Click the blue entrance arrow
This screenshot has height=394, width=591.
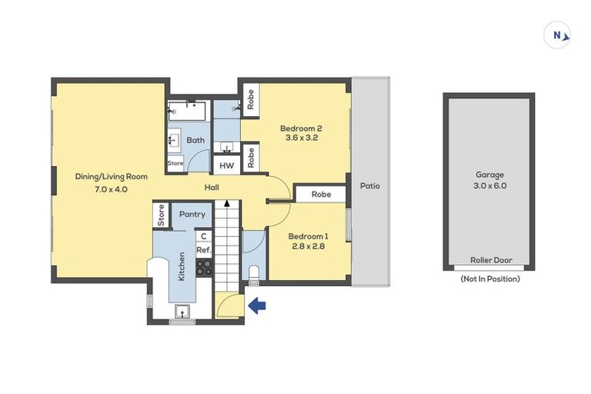[x=257, y=306]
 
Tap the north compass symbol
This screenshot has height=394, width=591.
[x=557, y=35]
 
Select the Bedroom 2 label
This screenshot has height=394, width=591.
[x=301, y=129]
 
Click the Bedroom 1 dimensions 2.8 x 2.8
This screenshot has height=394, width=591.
[x=308, y=246]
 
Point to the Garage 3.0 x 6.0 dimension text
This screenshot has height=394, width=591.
[x=489, y=185]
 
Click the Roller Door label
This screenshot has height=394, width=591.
[x=491, y=260]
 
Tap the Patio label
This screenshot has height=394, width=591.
[x=369, y=186]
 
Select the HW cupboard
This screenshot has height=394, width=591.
[x=226, y=165]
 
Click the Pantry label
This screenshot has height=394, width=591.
[x=192, y=214]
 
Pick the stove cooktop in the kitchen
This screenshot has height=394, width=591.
[x=204, y=267]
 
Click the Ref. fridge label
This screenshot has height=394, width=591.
[x=204, y=250]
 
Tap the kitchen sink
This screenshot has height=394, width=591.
[x=182, y=312]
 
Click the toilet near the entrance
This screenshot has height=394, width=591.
[x=254, y=275]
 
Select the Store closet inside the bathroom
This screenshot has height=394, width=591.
[x=175, y=163]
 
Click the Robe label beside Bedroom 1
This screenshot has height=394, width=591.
[x=321, y=194]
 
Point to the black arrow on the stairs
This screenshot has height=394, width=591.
[x=227, y=203]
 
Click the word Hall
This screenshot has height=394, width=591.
[x=212, y=188]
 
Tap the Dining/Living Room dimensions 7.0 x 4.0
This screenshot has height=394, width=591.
[x=111, y=189]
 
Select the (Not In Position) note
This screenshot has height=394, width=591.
[x=490, y=279]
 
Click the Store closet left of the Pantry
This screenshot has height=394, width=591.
[x=161, y=215]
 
